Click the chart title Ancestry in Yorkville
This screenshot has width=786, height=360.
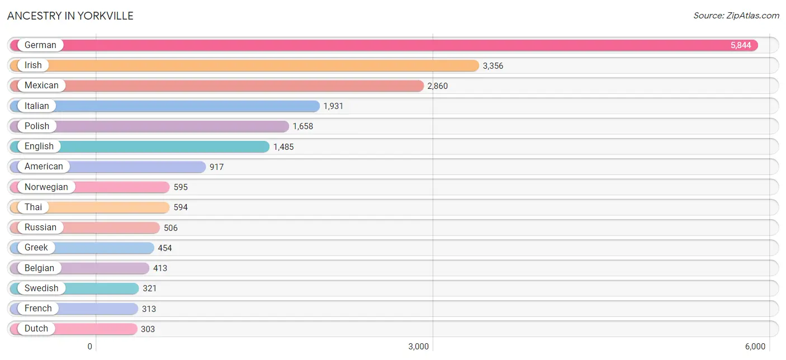(70, 16)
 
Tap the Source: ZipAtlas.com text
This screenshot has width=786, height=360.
(736, 16)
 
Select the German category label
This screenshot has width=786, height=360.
(40, 45)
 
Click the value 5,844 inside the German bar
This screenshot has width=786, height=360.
(741, 45)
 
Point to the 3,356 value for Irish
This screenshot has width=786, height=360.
(493, 65)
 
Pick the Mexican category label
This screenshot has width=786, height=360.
(41, 86)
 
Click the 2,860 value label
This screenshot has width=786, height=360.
(438, 86)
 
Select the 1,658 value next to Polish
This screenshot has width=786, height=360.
(303, 126)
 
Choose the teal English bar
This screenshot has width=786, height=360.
(140, 146)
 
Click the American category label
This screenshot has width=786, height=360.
(44, 167)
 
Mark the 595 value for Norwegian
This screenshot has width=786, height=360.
(181, 187)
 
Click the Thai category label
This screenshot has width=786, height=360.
(34, 207)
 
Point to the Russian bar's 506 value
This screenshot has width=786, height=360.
(171, 228)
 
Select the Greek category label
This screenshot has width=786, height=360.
(36, 248)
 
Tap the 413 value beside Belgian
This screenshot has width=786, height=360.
(160, 268)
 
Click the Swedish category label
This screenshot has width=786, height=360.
(41, 288)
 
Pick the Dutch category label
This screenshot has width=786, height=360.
(36, 329)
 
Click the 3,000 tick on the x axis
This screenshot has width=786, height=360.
(419, 347)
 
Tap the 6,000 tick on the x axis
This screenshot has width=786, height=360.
(755, 347)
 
